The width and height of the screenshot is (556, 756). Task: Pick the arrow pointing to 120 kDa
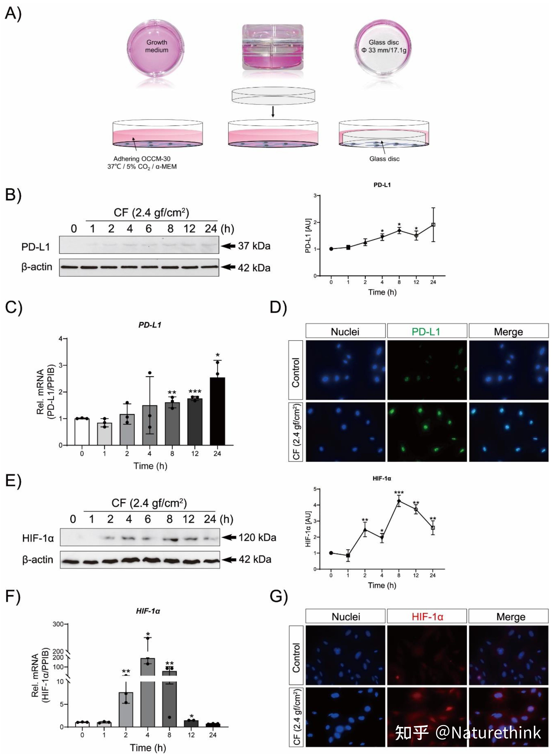click(x=229, y=537)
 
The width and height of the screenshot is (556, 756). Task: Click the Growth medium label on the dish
click(x=157, y=46)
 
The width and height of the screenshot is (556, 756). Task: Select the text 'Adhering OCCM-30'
click(x=142, y=159)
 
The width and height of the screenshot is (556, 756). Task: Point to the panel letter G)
click(x=279, y=597)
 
